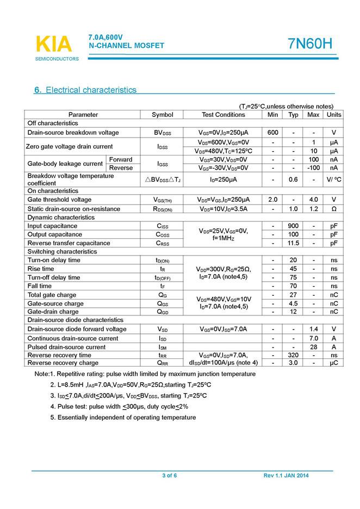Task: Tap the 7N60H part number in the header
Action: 309,44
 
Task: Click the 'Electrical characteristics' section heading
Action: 91,90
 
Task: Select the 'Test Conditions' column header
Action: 223,115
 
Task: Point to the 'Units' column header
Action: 334,115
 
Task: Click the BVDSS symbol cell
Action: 162,133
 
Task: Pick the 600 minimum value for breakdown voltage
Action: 272,133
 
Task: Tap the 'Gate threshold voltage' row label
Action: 59,200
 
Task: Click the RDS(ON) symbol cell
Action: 162,208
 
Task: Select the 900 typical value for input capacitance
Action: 293,226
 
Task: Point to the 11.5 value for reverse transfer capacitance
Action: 293,243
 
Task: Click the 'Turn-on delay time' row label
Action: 54,260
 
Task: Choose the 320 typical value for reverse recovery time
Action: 293,355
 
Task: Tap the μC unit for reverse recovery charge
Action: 334,363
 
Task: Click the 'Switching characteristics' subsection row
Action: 62,252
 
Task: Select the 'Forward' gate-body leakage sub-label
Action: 121,159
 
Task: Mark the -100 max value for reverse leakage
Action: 313,167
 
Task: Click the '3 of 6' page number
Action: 170,476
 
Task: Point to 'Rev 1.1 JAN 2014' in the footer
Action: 286,476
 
